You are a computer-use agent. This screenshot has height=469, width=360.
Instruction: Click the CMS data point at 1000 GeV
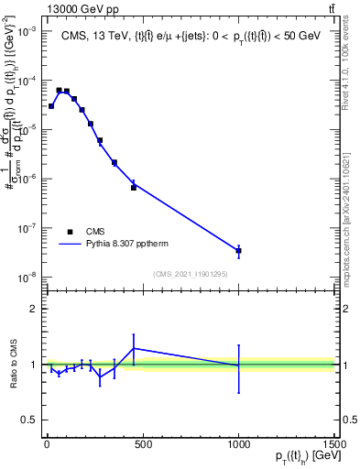point(238,250)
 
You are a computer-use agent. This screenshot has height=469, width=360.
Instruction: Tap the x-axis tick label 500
point(142,443)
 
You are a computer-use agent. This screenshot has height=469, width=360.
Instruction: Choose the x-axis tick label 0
point(47,443)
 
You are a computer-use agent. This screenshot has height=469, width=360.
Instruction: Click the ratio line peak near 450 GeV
point(134,348)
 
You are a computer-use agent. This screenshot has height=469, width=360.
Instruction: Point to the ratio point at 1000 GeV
point(238,365)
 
